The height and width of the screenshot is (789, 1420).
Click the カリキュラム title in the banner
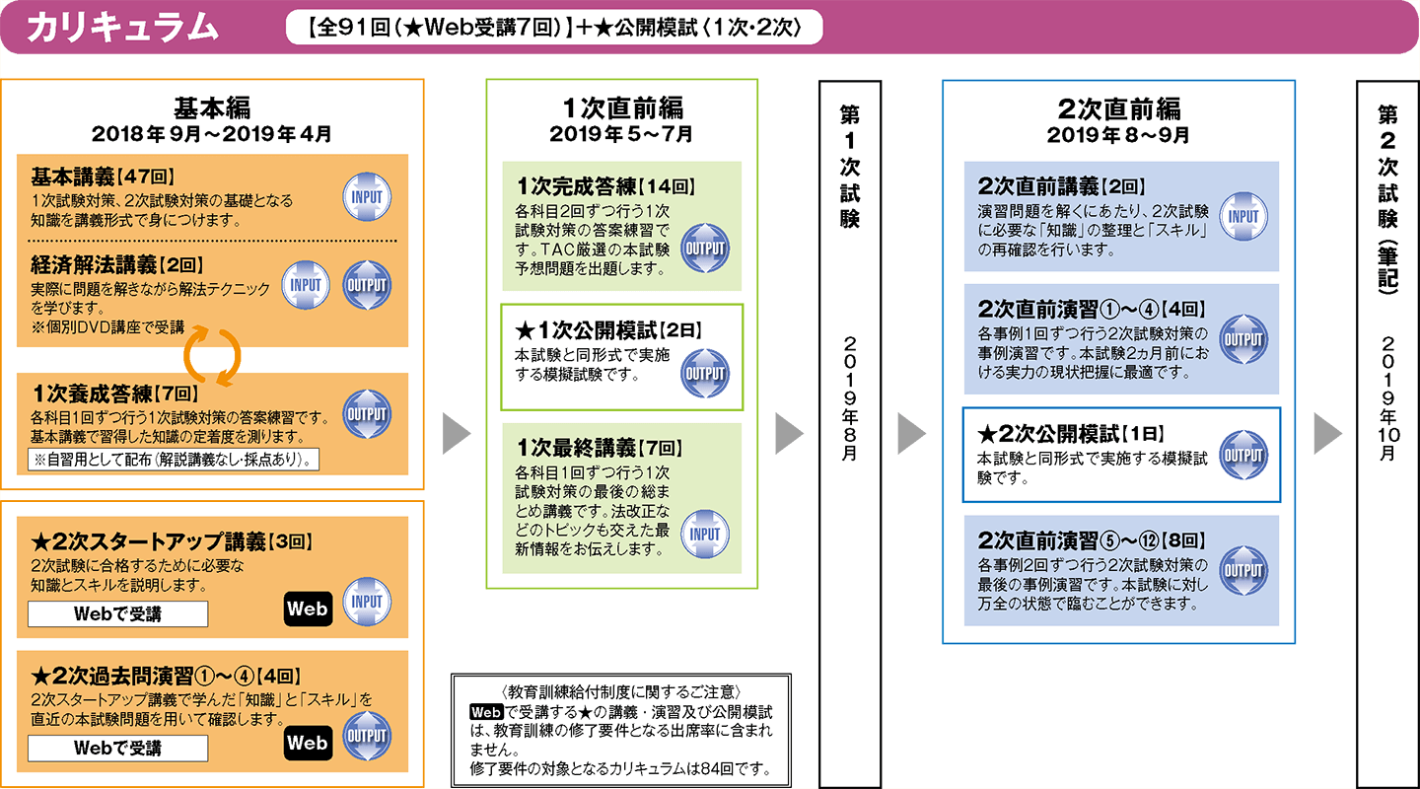[122, 28]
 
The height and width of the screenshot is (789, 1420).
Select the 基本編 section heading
[212, 107]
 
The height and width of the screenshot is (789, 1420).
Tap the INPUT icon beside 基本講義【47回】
[366, 196]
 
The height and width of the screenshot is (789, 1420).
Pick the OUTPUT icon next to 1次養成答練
[366, 415]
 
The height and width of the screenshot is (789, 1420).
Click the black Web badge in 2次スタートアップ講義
[307, 609]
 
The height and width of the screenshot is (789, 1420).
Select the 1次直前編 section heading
[621, 107]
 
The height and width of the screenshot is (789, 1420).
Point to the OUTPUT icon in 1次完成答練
[705, 248]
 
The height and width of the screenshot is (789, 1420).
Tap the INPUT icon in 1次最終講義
[705, 534]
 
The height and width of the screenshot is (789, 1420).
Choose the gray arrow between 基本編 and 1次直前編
[456, 433]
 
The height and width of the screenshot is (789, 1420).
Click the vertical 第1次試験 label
[849, 168]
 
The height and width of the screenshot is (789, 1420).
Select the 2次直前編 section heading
[1118, 107]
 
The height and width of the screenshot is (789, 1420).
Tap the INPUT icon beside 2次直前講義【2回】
[1243, 216]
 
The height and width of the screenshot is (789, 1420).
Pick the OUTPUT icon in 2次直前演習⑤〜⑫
[1243, 570]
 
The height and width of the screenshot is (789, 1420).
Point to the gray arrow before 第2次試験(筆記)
[1327, 433]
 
